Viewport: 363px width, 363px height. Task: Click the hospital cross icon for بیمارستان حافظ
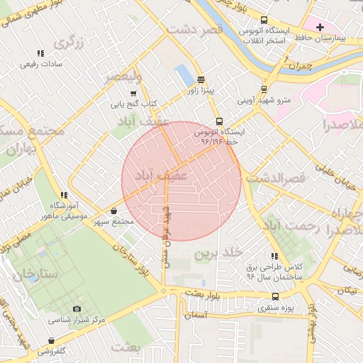320,26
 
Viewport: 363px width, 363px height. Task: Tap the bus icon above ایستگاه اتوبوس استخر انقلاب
264,21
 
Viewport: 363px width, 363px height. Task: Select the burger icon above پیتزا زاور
201,79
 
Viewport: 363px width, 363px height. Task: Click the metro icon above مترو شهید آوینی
264,89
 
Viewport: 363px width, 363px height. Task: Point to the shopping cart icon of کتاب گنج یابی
133,94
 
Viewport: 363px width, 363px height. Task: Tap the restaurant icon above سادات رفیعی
40,53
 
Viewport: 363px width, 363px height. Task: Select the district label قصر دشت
195,29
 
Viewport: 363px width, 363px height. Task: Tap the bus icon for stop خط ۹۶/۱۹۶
219,121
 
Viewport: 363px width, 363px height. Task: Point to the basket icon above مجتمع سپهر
114,211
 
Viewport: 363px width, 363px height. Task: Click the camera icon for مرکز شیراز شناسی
77,309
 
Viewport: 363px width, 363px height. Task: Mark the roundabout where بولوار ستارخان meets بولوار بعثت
163,291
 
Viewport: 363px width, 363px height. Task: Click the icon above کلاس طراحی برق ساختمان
274,256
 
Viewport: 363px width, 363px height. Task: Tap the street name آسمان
199,315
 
